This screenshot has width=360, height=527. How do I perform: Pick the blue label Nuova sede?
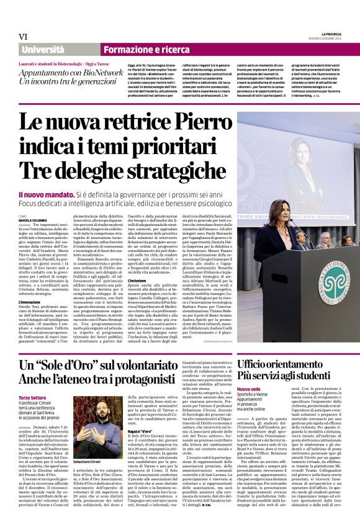[x=249, y=387]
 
